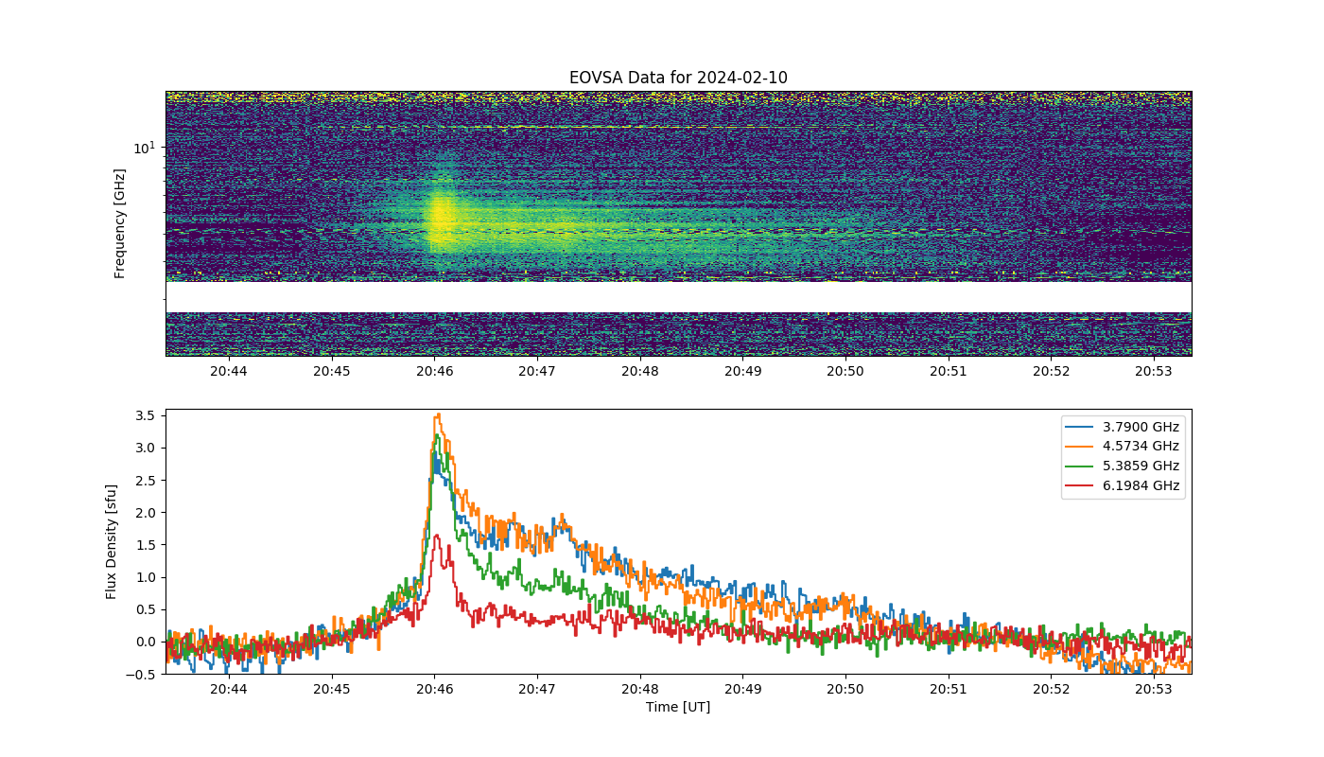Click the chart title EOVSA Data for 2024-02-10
tap(678, 78)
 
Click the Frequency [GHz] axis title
tap(119, 223)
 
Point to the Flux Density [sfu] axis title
tap(112, 541)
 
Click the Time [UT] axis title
tap(678, 707)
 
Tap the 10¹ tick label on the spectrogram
tap(144, 148)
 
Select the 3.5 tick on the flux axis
tap(146, 415)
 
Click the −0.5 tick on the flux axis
tap(140, 675)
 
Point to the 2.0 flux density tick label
tap(146, 513)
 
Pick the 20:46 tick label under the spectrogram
tap(434, 371)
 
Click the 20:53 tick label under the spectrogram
tap(1153, 371)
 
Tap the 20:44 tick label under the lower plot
tap(229, 689)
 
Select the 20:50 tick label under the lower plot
tap(845, 689)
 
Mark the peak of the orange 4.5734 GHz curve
tap(438, 414)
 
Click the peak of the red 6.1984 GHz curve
tap(437, 536)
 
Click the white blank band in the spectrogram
tap(679, 297)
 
